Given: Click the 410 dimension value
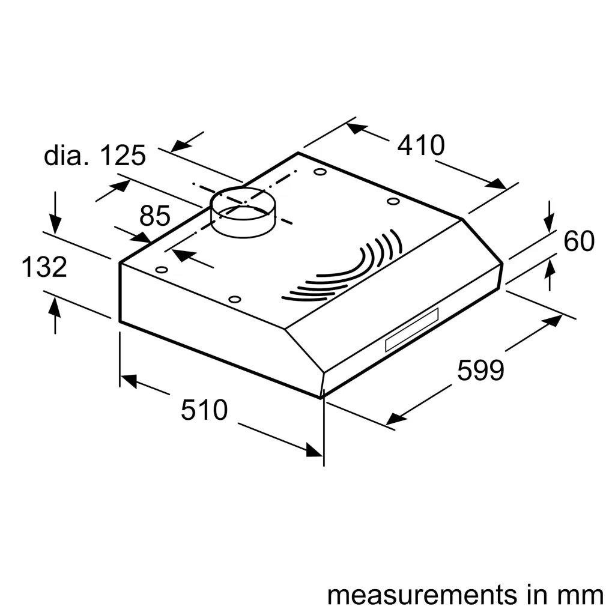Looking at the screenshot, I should (420, 145).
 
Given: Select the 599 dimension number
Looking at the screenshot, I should (480, 370).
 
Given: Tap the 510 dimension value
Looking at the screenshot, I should (204, 410).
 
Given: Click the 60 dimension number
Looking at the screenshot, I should (579, 241).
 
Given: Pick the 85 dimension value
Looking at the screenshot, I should (155, 216).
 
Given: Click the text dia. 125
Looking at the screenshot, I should (95, 156).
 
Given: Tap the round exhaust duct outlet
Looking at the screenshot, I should (243, 213).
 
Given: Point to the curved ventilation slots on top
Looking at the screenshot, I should (348, 270).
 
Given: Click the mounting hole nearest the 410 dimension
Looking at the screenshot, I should (321, 172).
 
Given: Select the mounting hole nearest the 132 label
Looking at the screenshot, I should (161, 270).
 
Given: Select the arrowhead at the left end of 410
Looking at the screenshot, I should (356, 128).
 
